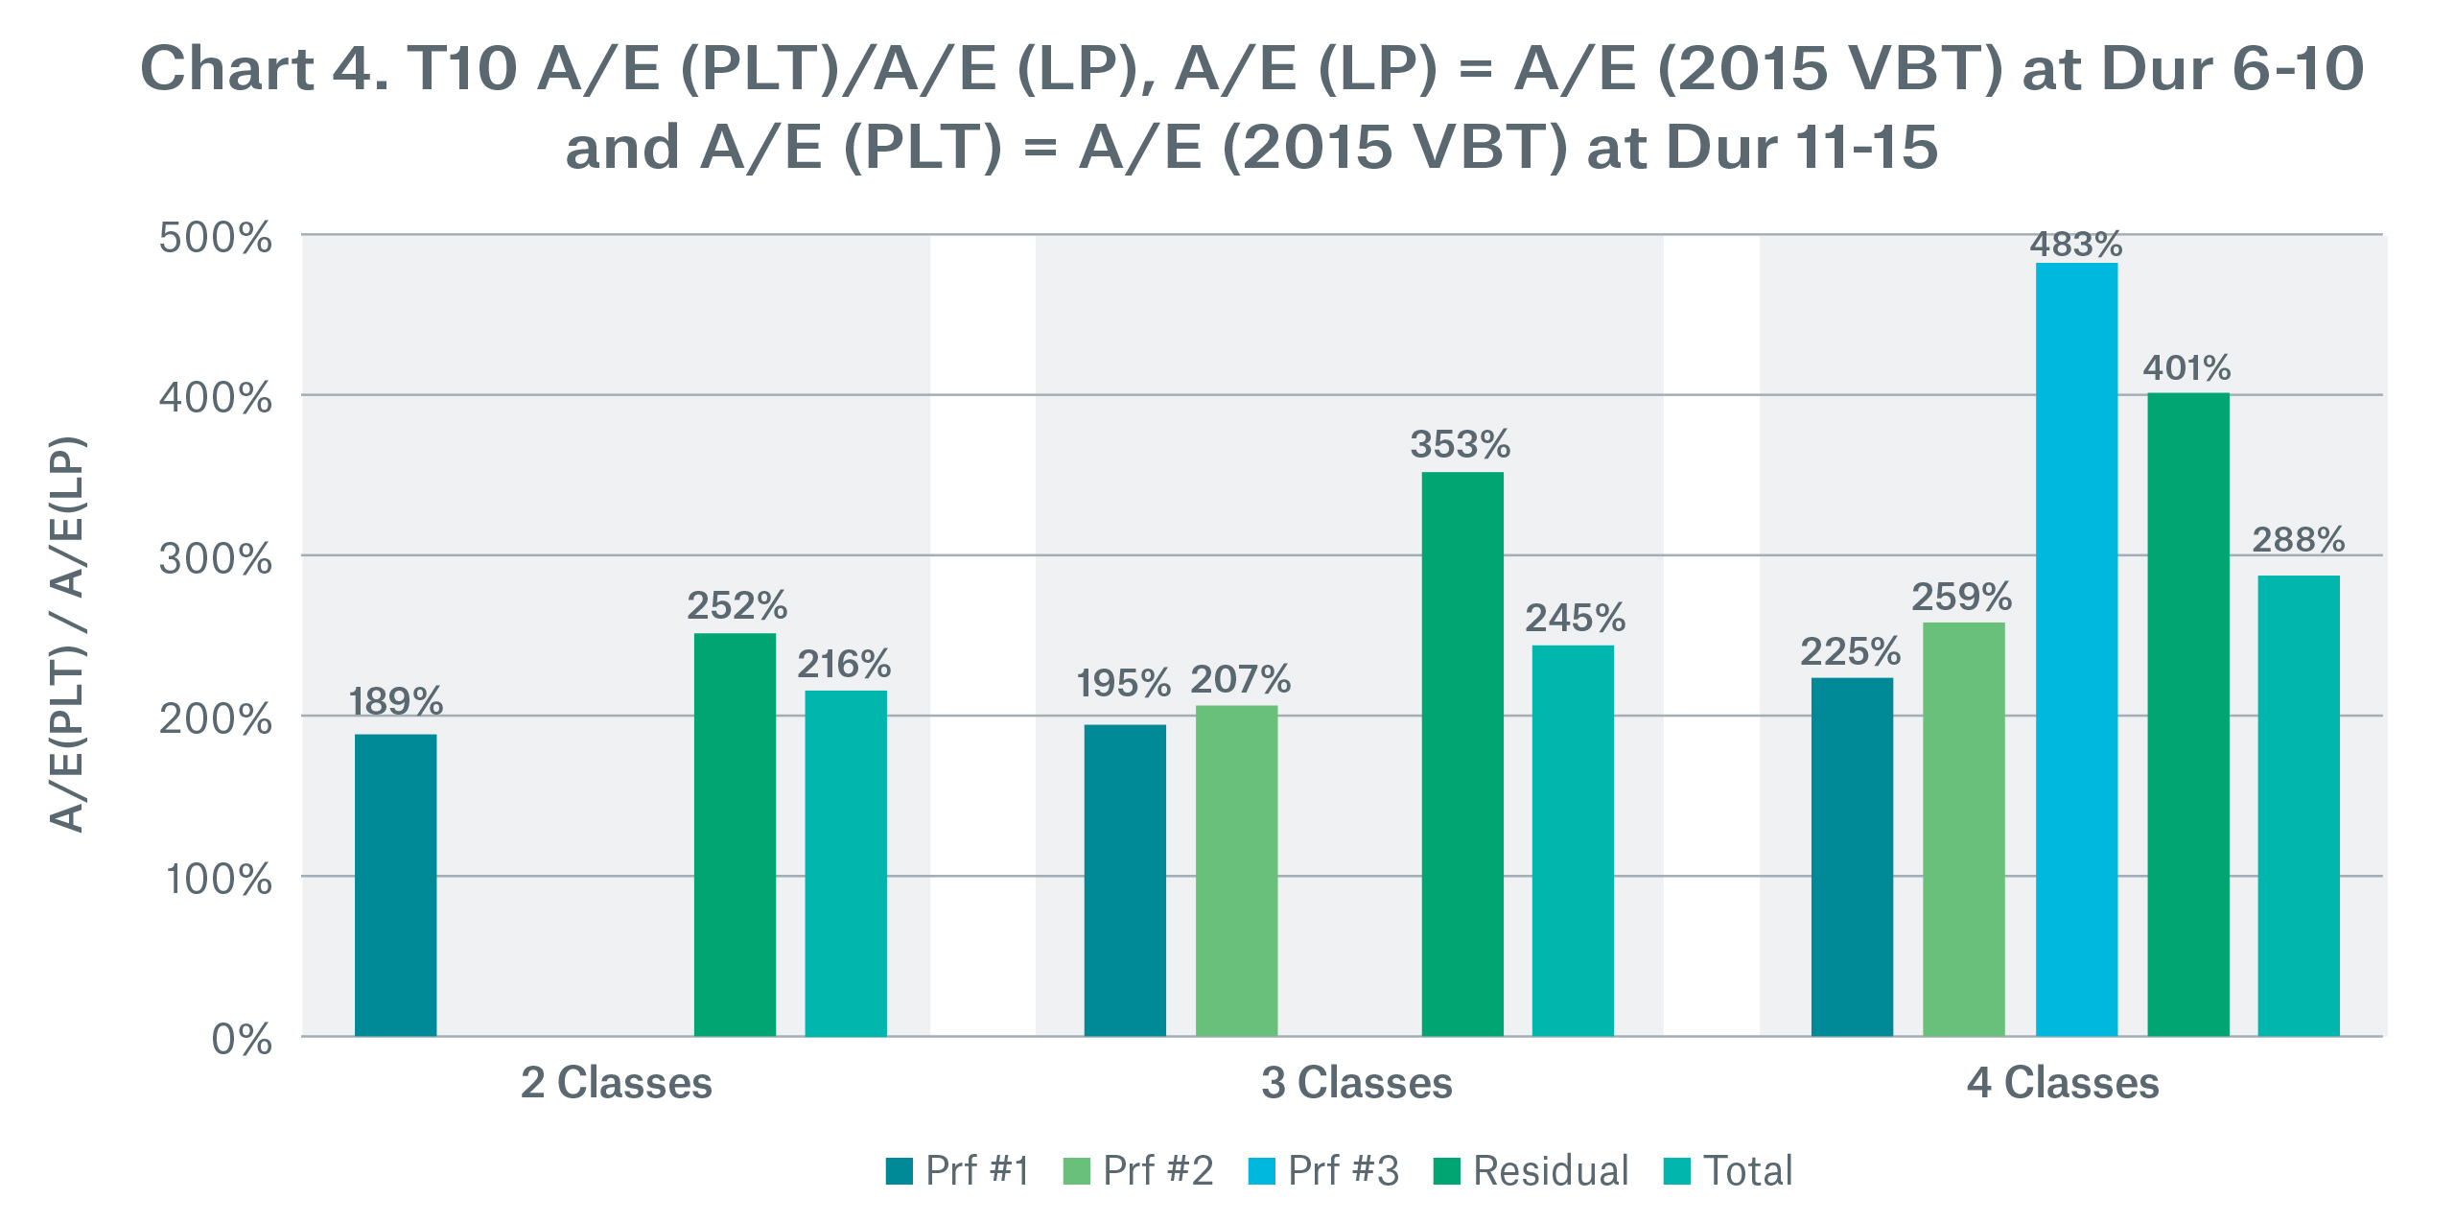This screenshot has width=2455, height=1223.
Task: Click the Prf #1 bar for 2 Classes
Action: coord(395,884)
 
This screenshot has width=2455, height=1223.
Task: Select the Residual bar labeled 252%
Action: coord(735,835)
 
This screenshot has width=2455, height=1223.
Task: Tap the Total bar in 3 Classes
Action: coord(1573,840)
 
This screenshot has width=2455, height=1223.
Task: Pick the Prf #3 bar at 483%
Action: coord(2076,649)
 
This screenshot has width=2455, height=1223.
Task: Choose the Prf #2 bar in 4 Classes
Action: coord(1963,829)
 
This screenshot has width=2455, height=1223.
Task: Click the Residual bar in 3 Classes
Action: coord(1462,754)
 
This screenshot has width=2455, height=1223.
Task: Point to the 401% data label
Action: coord(2186,368)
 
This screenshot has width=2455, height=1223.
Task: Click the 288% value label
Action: coord(2298,540)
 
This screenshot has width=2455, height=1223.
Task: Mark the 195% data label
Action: coord(1123,684)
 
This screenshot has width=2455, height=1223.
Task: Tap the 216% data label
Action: coord(844,665)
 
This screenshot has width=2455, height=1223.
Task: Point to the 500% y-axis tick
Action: coord(216,238)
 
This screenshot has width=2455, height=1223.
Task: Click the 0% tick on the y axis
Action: coord(242,1040)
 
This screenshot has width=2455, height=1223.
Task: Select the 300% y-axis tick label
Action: coord(216,559)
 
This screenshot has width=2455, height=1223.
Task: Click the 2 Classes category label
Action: coord(616,1083)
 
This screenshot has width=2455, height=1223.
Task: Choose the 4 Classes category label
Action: coord(2063,1083)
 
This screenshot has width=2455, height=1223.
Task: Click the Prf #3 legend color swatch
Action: coord(1261,1171)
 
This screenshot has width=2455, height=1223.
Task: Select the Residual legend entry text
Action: coord(1551,1171)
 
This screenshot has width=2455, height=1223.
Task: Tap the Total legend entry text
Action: coord(1747,1171)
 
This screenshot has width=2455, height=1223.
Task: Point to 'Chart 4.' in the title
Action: coord(265,69)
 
